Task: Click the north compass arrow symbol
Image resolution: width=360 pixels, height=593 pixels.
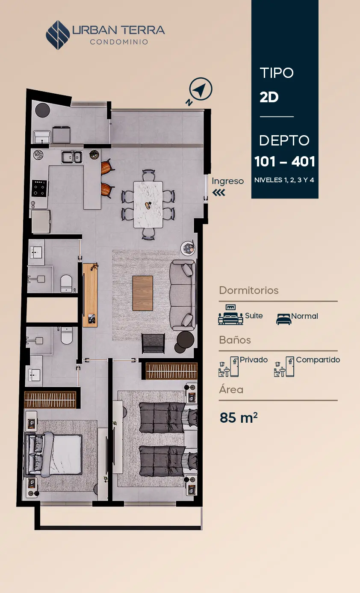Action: pos(201,89)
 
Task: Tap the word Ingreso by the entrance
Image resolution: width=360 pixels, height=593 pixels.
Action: pos(227,181)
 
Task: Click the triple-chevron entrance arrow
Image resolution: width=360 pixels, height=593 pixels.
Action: pos(219,193)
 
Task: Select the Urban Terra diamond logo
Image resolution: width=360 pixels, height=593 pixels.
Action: pos(58,35)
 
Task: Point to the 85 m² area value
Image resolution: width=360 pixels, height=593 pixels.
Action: pos(238,418)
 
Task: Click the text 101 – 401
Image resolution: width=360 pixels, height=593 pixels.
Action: pos(285,161)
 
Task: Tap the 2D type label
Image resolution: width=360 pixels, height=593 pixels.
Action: pos(269,97)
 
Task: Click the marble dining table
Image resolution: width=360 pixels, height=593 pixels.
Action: pos(148,205)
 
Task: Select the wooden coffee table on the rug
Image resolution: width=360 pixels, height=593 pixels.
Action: pos(142,293)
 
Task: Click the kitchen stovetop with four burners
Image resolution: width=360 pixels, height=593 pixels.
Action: pos(39,188)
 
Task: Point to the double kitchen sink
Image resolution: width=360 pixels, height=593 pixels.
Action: pos(72,157)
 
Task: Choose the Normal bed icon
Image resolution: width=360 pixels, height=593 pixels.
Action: pos(283,319)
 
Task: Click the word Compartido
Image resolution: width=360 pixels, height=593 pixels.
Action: pos(318,360)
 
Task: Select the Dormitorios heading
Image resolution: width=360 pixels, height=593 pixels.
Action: pos(249,291)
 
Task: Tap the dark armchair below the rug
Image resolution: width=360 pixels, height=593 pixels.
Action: pos(153,344)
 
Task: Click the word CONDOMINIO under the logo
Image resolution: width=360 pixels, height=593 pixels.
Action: pos(119,42)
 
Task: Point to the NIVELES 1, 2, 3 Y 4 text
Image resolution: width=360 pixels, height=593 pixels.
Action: pos(284,180)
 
